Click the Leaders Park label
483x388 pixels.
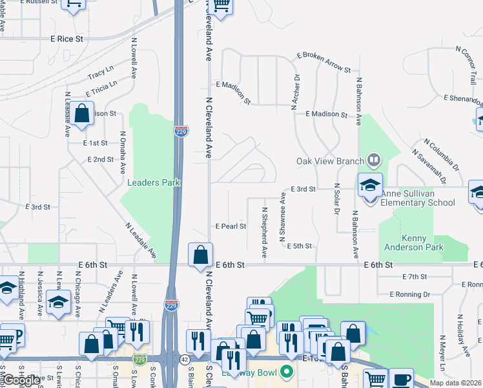153,183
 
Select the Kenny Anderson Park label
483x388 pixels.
413,242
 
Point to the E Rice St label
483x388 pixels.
67,39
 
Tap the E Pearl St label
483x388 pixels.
231,226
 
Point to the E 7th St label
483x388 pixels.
414,277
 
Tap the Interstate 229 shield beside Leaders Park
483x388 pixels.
181,131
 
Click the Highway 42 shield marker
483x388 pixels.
185,360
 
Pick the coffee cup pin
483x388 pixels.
401,379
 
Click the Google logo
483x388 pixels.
21,381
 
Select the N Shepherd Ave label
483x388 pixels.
265,232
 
